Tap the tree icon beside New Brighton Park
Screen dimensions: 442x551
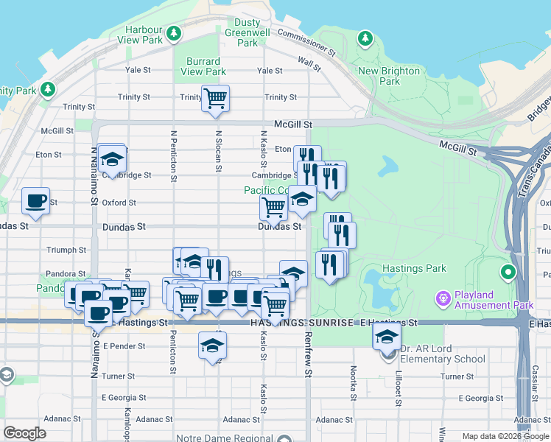point(365,38)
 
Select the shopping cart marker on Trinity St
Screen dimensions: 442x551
point(215,98)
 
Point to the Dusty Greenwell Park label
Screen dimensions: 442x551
point(248,32)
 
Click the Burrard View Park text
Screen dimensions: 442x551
point(203,66)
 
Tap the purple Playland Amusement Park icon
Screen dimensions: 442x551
point(443,299)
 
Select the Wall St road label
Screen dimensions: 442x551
point(309,63)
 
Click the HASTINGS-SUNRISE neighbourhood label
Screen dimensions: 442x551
point(301,323)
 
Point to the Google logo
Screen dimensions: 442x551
point(24,433)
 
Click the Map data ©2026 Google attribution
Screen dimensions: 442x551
point(505,436)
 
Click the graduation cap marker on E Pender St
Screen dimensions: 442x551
point(212,345)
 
